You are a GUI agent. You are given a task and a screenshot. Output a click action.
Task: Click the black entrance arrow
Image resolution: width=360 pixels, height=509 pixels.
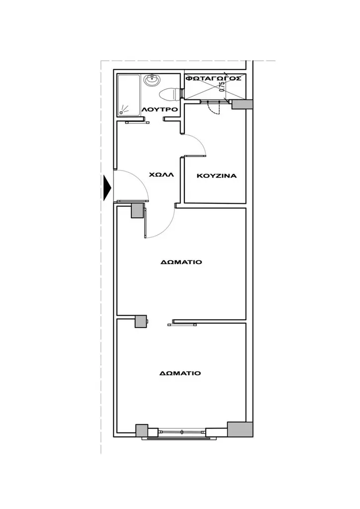point(107,188)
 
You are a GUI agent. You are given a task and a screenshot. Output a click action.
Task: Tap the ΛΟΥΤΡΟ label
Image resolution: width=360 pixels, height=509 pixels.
point(160,110)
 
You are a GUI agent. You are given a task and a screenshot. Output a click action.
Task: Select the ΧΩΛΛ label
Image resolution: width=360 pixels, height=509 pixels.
point(161,174)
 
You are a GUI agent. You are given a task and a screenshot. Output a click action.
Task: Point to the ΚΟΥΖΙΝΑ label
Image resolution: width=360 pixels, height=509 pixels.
point(217,176)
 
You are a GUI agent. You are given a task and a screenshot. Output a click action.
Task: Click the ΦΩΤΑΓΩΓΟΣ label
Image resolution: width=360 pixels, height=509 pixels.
point(213,78)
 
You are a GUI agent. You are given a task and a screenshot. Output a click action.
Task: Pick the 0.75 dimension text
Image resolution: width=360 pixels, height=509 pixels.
point(222,86)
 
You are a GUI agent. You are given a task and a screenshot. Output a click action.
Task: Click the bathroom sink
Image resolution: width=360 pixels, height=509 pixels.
point(152,80)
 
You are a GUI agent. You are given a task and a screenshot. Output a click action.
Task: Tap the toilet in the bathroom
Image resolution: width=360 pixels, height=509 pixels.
point(169,94)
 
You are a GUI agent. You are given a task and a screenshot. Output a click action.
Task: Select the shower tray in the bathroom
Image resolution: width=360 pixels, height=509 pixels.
point(129,95)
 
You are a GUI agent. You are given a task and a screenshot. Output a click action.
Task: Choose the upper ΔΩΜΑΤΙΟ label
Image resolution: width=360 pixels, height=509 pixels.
point(181,262)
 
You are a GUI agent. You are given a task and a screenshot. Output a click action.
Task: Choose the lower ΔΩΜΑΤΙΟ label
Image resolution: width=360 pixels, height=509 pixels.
point(180,373)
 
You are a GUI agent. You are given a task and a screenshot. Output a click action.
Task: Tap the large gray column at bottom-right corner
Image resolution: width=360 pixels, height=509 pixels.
point(240,429)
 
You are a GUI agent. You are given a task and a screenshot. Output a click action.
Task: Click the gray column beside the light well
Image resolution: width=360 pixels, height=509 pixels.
point(242,104)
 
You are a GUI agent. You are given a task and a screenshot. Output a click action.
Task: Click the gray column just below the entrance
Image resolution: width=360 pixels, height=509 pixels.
point(137,211)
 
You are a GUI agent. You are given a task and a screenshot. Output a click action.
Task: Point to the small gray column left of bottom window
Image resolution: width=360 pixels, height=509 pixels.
point(141,430)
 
